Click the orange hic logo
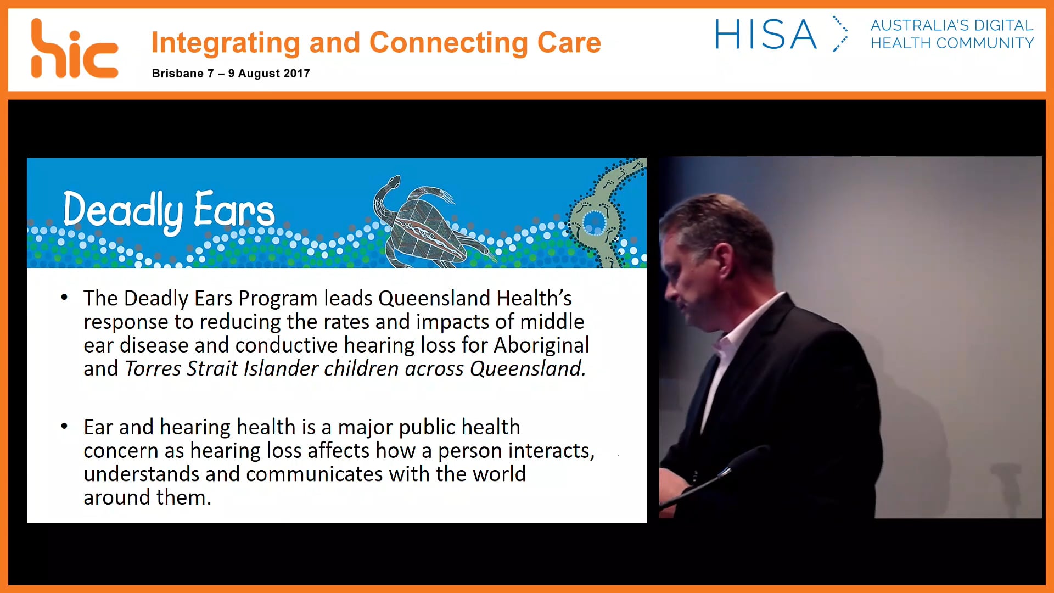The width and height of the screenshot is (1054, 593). (x=74, y=49)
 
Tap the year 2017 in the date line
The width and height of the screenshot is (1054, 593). (x=296, y=74)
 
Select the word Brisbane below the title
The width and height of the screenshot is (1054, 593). (x=177, y=74)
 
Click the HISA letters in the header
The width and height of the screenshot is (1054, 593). (x=765, y=35)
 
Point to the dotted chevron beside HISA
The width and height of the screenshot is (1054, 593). (x=840, y=34)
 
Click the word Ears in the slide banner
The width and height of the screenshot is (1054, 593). (x=234, y=210)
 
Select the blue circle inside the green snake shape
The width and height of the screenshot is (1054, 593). (x=593, y=223)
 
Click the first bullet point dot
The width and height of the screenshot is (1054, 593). (x=64, y=298)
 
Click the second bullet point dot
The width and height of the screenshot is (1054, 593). (x=64, y=426)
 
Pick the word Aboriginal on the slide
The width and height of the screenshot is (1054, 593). (x=541, y=345)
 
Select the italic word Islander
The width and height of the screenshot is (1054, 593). (x=280, y=368)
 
